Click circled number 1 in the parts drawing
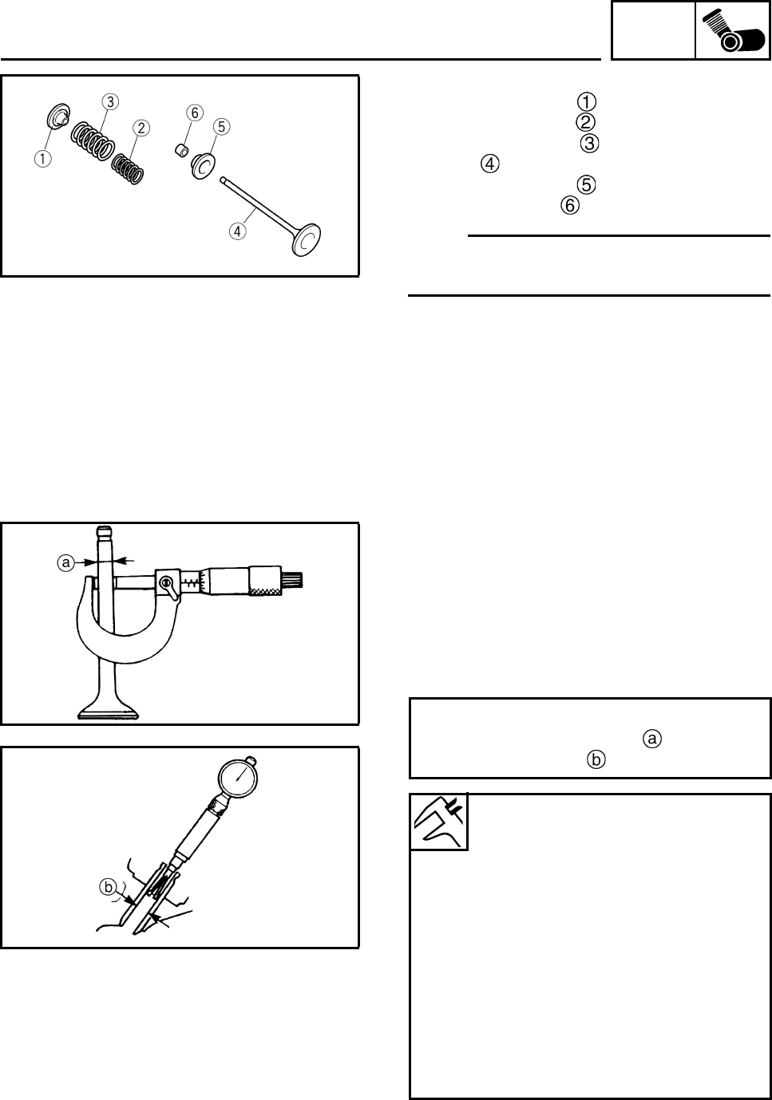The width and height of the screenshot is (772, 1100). pyautogui.click(x=39, y=158)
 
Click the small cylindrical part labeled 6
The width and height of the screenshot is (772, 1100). pyautogui.click(x=182, y=148)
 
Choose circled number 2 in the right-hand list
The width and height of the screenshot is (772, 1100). pyautogui.click(x=584, y=122)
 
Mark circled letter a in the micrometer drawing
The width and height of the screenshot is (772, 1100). pyautogui.click(x=67, y=563)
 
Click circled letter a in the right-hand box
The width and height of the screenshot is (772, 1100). pyautogui.click(x=651, y=739)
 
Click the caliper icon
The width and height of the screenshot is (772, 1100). pyautogui.click(x=438, y=822)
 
